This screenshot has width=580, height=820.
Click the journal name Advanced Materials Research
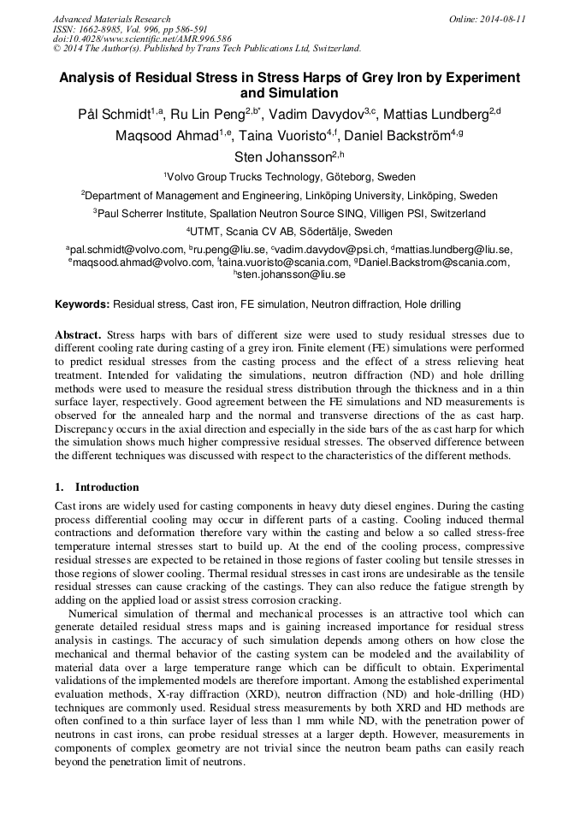click(111, 19)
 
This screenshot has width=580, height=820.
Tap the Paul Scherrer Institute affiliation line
click(289, 214)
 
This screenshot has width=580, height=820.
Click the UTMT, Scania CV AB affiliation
click(289, 232)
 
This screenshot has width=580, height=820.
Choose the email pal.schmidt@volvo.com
click(127, 250)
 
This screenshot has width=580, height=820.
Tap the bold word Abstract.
click(78, 335)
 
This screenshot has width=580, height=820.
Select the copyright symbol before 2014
click(56, 49)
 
